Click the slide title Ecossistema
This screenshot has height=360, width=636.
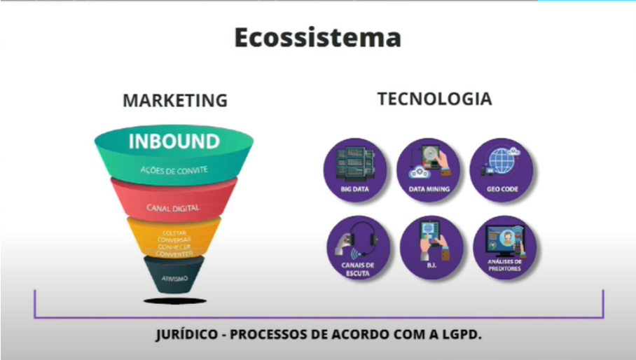pos(317,37)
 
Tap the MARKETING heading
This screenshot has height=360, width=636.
pos(175,100)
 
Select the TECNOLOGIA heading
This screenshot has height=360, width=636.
pos(434,99)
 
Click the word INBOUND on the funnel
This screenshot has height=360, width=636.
pos(174,141)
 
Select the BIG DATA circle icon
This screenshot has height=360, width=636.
pos(354,169)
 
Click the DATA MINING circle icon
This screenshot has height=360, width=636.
pos(429,169)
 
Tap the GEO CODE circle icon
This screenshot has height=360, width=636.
pos(502,169)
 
